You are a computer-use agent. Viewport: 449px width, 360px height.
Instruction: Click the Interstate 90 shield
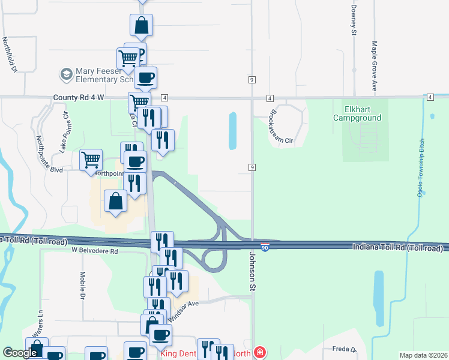point(265,247)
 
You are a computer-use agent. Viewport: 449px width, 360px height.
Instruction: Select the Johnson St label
point(252,271)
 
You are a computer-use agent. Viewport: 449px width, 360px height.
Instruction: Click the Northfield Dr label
point(9,56)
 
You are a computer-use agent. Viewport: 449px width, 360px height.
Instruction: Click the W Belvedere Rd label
point(95,250)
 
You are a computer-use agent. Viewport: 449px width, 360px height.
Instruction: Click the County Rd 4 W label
point(79,97)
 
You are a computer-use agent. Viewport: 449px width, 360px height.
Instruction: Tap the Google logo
point(20,353)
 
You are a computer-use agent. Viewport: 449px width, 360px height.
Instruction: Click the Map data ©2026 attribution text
point(423,355)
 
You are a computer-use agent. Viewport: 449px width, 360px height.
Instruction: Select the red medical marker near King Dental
point(259,352)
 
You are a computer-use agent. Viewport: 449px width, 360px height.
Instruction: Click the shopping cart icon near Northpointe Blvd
point(91,160)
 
